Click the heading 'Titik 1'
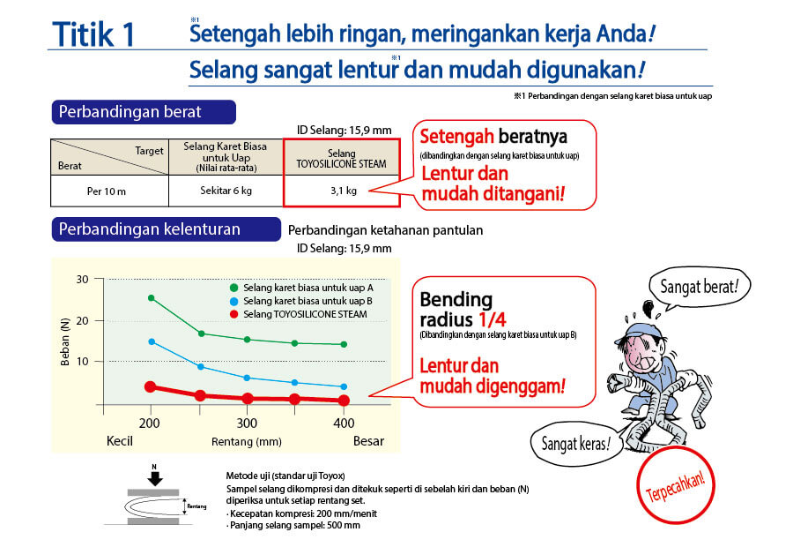click(x=93, y=34)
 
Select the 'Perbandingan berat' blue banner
click(x=144, y=112)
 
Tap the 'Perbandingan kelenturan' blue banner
click(x=166, y=229)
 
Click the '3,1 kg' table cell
click(x=342, y=191)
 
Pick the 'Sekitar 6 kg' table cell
click(x=226, y=191)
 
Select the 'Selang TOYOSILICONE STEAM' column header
click(x=341, y=159)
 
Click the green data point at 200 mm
click(x=152, y=298)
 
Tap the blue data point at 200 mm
click(x=152, y=342)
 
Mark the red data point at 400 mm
click(x=344, y=401)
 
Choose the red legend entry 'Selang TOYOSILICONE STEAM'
click(x=299, y=314)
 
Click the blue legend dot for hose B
click(x=233, y=302)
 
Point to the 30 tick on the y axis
click(x=83, y=279)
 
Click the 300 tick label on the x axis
click(x=247, y=423)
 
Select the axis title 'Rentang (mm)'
click(x=247, y=442)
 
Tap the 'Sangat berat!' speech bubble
click(x=700, y=287)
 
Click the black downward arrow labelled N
click(x=155, y=478)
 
